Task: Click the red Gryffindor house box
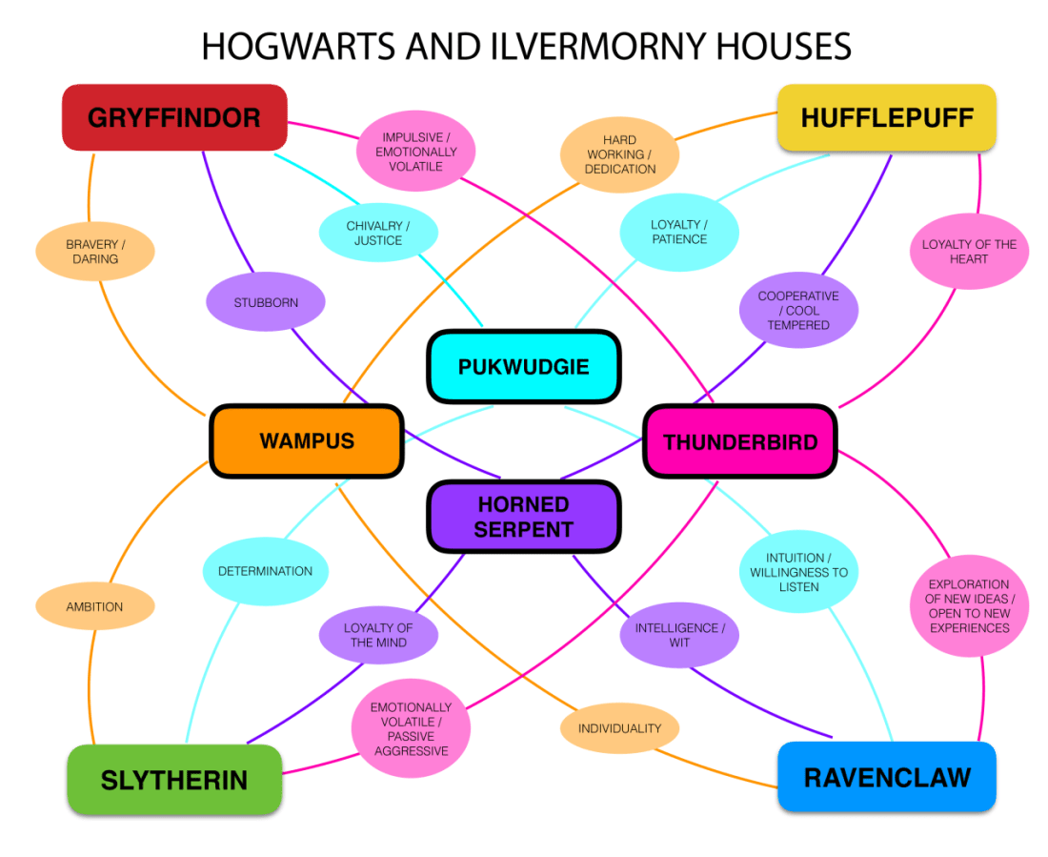174,117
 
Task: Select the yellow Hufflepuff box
886,117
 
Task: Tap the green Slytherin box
174,780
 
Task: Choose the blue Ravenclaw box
886,777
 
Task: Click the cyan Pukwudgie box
523,366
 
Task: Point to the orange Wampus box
307,440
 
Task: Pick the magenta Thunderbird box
740,441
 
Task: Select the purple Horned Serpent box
523,516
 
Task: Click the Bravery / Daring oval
95,252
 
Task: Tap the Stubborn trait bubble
266,303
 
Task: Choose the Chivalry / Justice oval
378,233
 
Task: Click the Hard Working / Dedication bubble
620,154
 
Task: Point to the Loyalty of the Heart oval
969,252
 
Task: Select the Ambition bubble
94,606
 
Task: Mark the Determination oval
265,571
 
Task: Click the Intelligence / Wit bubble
679,635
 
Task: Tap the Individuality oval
619,728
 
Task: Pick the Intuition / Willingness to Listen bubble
798,572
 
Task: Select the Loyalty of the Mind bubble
378,635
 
